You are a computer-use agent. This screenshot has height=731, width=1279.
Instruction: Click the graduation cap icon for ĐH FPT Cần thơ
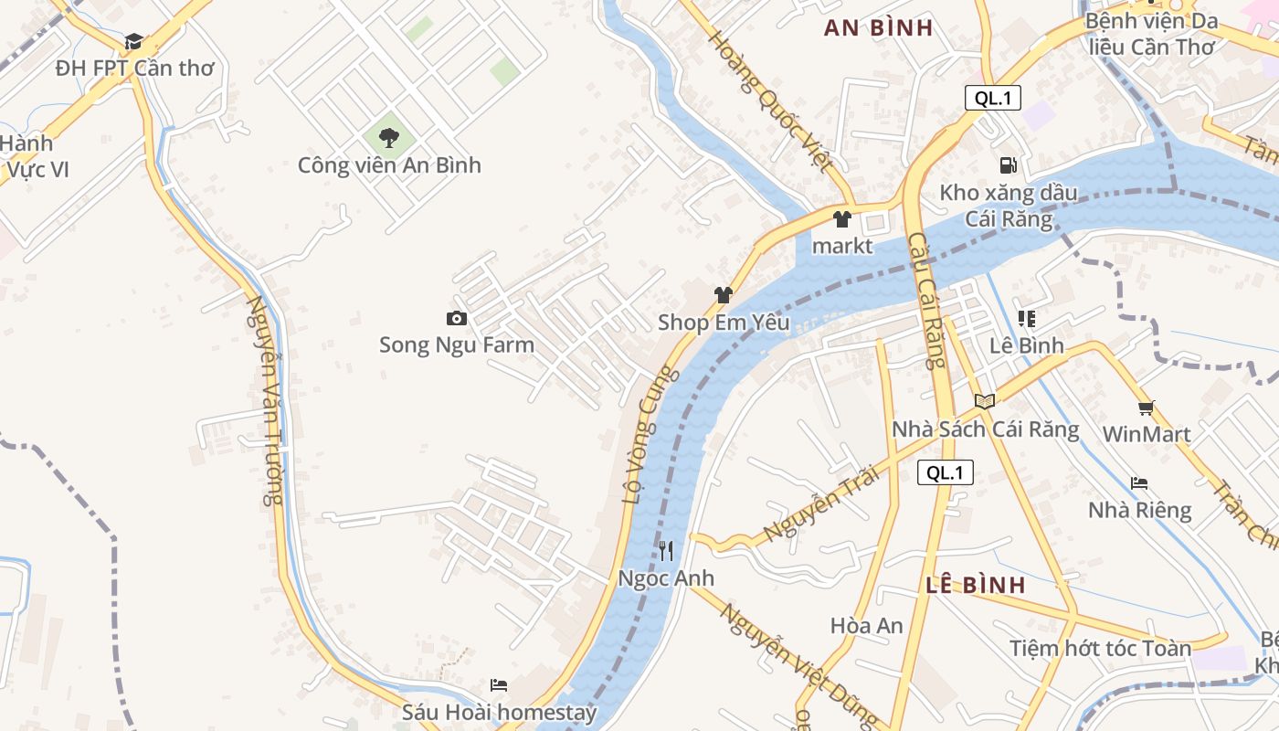point(133,41)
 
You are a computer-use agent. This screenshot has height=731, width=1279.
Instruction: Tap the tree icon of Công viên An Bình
point(389,138)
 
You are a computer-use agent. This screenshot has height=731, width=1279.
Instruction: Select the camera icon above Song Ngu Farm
point(457,318)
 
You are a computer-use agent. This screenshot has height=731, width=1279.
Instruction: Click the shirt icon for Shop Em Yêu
point(724,295)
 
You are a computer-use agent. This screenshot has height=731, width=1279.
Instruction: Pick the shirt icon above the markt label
point(842,219)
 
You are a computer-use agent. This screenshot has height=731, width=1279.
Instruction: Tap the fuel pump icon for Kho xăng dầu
point(1009,165)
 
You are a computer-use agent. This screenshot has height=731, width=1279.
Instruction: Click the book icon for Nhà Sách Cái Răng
point(985,401)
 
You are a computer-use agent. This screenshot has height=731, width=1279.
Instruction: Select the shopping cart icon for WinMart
point(1147,408)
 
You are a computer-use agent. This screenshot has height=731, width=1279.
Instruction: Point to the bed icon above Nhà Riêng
point(1139,483)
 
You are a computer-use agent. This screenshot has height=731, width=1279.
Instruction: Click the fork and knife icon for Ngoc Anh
point(666,551)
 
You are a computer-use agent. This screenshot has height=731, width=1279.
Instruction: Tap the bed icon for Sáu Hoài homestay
point(499,685)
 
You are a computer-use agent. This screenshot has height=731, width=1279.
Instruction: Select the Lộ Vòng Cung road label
point(650,435)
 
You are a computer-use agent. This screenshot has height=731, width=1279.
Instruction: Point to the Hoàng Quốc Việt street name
point(770,101)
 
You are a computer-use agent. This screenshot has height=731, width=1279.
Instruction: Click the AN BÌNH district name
point(878,27)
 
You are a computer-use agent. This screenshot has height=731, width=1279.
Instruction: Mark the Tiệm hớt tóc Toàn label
point(1100,649)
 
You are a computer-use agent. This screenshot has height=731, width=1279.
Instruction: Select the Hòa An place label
point(866,626)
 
